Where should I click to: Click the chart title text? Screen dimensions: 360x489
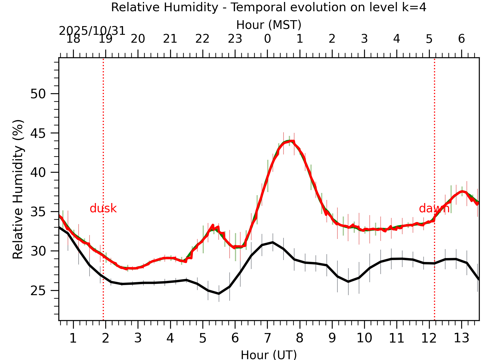(x=269, y=7)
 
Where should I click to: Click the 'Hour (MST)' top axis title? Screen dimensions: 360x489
(x=269, y=25)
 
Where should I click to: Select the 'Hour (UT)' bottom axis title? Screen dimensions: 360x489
(x=269, y=355)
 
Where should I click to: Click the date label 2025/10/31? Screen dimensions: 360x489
(x=92, y=31)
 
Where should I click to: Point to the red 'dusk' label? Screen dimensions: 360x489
(x=103, y=209)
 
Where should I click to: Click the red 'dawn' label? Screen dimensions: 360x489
(x=434, y=209)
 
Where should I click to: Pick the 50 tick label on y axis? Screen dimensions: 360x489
(x=38, y=94)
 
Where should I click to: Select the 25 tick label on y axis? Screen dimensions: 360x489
(x=38, y=291)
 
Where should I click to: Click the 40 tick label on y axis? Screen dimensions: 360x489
(x=38, y=172)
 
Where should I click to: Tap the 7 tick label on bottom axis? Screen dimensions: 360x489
(x=267, y=338)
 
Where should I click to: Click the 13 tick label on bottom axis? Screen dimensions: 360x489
(x=461, y=338)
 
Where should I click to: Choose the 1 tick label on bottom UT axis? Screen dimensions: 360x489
(x=73, y=338)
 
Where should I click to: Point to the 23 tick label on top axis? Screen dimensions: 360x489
(x=235, y=39)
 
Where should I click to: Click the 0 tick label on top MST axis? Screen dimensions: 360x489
(x=267, y=39)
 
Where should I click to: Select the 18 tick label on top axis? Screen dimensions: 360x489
(x=73, y=39)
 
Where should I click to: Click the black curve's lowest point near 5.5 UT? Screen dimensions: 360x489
(x=219, y=294)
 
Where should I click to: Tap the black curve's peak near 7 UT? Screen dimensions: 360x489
(x=273, y=242)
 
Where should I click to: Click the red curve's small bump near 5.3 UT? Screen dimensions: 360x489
(x=213, y=225)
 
